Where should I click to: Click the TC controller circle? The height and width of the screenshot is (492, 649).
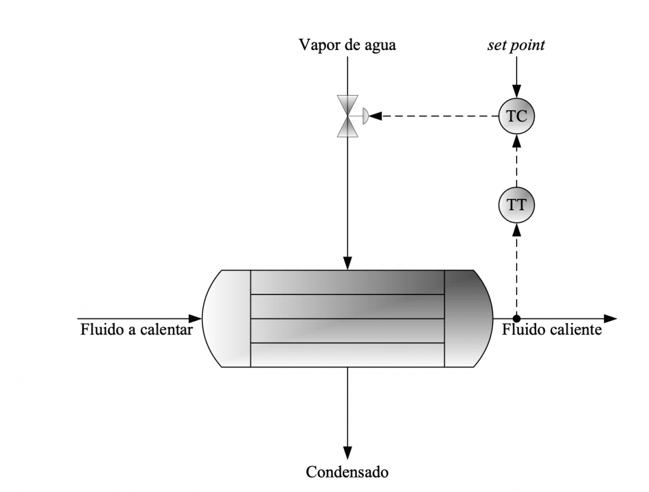(516, 116)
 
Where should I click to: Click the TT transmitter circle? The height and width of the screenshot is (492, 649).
(516, 205)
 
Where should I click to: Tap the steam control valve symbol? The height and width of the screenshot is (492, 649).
(348, 116)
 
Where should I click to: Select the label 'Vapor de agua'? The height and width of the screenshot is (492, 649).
(347, 45)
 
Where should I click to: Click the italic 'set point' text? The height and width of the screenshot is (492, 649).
(516, 45)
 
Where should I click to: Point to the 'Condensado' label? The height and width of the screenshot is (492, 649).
(347, 472)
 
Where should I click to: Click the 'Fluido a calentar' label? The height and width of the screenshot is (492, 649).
(137, 329)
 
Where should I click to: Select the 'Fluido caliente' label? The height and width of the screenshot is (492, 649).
(552, 329)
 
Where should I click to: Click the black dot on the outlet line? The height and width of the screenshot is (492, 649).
(516, 319)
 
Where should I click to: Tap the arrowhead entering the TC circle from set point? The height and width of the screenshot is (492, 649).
(516, 92)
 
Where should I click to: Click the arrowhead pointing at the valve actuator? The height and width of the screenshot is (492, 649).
(375, 116)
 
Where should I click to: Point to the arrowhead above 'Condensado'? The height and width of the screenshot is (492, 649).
(347, 453)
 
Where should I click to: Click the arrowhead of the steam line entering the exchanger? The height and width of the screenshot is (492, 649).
(347, 263)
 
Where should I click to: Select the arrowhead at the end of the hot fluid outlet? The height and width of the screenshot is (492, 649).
(610, 319)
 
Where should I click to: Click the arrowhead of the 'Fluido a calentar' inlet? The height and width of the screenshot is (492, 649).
(195, 319)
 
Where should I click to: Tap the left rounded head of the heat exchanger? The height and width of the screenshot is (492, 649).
(227, 319)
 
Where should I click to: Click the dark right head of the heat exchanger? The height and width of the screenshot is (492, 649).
(468, 319)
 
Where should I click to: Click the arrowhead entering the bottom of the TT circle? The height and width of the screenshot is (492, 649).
(516, 229)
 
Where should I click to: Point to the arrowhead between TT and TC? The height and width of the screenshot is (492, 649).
(516, 141)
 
